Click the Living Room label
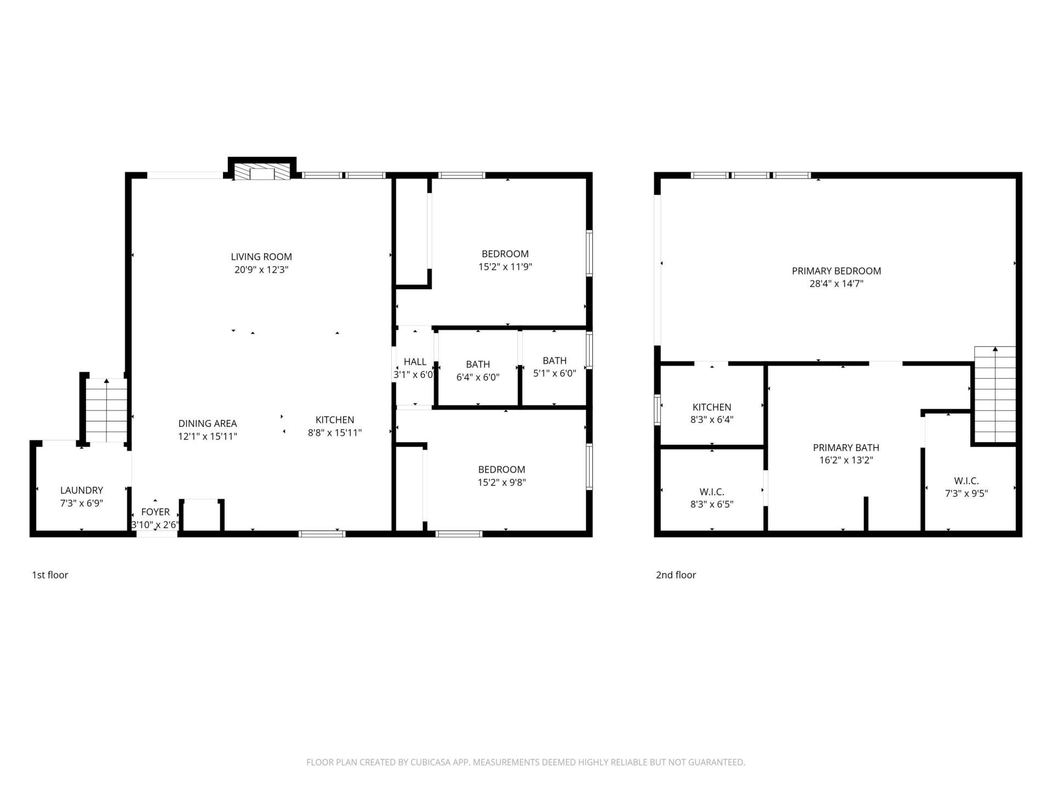(261, 256)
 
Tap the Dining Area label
(208, 424)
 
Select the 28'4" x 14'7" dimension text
(836, 284)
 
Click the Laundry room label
(82, 490)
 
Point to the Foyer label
(155, 512)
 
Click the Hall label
(415, 362)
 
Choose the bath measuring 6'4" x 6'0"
(478, 364)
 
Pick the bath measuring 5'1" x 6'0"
(554, 361)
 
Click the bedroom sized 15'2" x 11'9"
(505, 254)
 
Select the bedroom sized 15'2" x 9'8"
(501, 470)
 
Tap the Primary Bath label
(846, 448)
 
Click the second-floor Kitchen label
(712, 407)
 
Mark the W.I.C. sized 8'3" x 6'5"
(712, 492)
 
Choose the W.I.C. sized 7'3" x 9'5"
(967, 481)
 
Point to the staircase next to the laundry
(106, 410)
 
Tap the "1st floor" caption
(50, 575)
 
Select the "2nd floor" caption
(676, 575)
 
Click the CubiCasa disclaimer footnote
(525, 762)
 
